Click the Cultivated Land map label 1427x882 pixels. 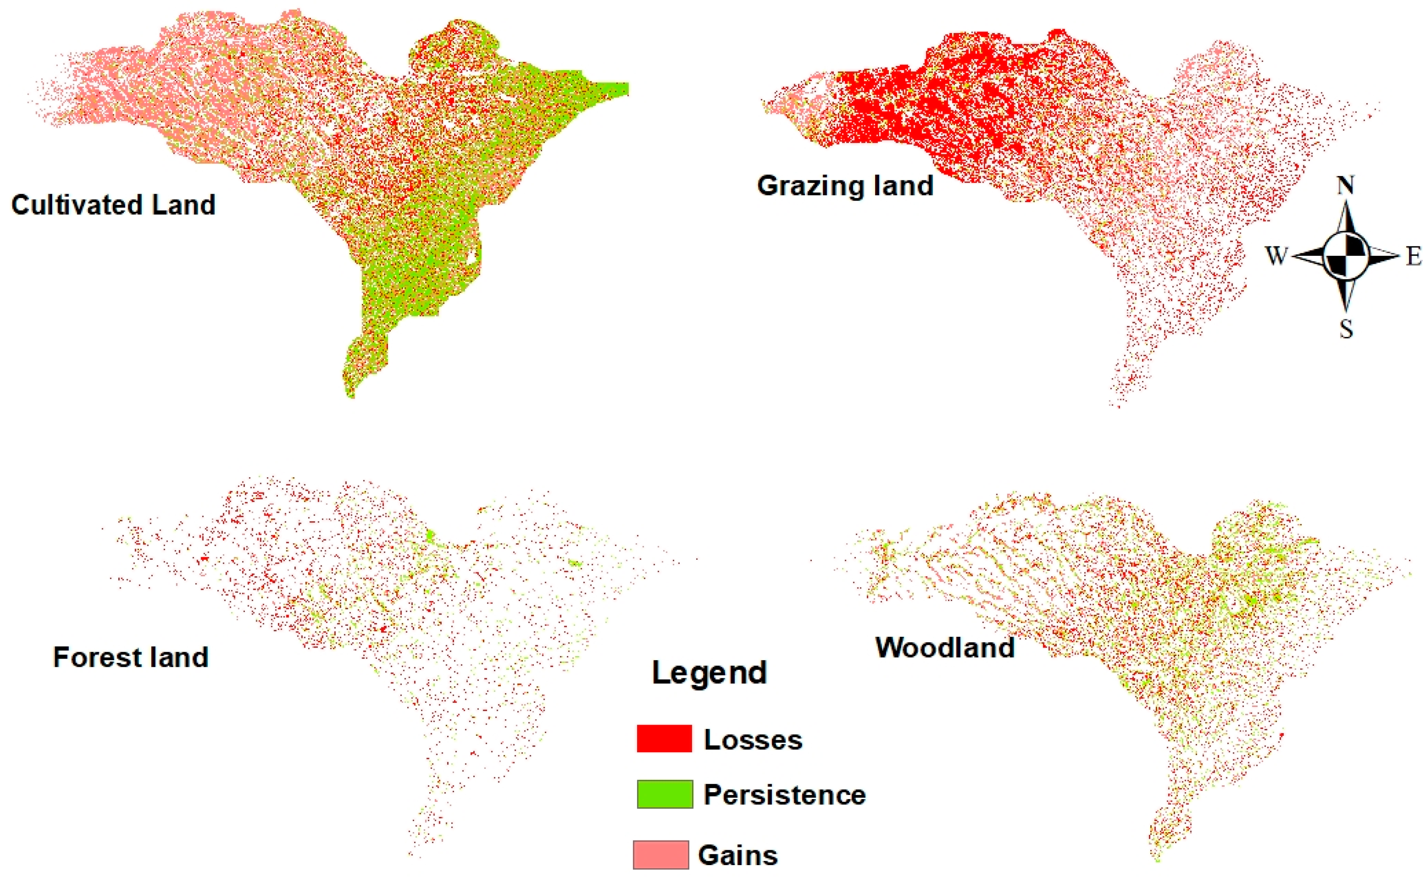[x=113, y=205]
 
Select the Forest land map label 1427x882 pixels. [x=130, y=658]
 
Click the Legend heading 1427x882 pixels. [x=709, y=673]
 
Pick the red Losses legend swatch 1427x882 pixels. [x=664, y=739]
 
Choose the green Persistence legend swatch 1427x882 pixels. [x=664, y=794]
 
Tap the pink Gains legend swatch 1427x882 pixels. [x=661, y=855]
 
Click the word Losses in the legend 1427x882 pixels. [x=753, y=740]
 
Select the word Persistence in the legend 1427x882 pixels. [x=785, y=795]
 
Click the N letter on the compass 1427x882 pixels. [x=1346, y=186]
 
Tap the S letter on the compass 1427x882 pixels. [x=1346, y=330]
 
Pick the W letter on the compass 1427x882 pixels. [x=1276, y=256]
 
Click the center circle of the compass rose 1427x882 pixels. [x=1346, y=256]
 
